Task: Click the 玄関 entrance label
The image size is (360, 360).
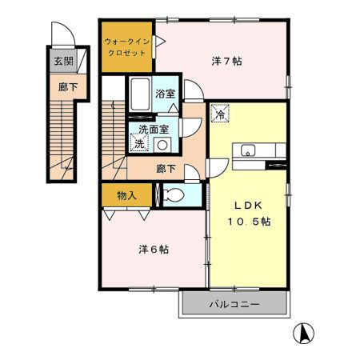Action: [x=62, y=60]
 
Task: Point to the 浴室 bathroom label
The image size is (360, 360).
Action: [x=165, y=94]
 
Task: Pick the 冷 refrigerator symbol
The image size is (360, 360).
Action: [x=219, y=114]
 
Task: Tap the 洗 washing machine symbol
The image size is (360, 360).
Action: [x=139, y=144]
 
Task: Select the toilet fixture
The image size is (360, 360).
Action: [x=173, y=194]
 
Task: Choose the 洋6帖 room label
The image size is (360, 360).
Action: [x=153, y=249]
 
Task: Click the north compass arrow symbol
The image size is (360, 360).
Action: [x=306, y=331]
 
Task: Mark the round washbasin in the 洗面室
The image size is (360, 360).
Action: [x=162, y=145]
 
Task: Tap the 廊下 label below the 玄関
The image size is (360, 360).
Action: [x=62, y=88]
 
